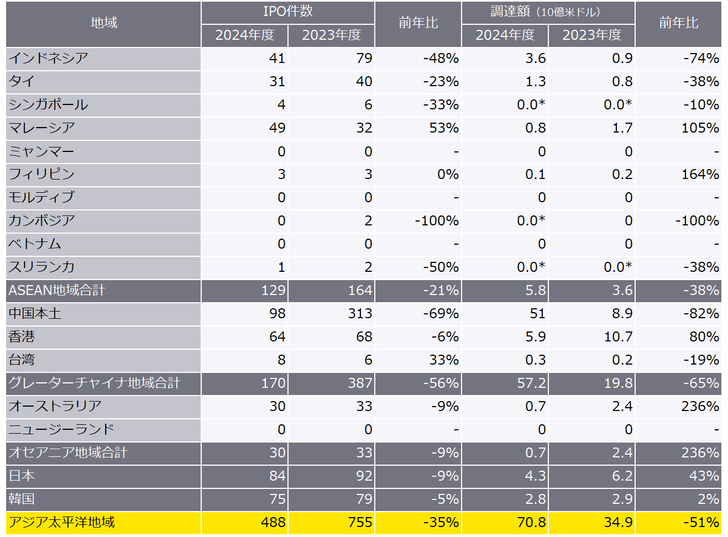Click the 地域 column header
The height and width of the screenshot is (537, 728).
[x=104, y=23]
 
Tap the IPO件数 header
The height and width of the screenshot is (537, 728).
[x=287, y=11]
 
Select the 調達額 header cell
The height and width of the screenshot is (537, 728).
[x=545, y=12]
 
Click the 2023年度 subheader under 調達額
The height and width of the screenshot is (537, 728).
[x=591, y=35]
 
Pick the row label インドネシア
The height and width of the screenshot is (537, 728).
[x=49, y=58]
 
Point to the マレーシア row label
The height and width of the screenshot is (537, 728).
[x=42, y=128]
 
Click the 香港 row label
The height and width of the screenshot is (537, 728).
[x=22, y=336]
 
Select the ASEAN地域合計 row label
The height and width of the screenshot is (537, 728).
[x=56, y=290]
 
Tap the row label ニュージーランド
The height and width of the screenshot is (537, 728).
[x=61, y=429]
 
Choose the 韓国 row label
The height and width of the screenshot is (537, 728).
[x=22, y=499]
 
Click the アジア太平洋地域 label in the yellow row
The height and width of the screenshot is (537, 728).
[x=61, y=522]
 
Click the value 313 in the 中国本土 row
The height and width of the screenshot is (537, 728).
[x=360, y=313]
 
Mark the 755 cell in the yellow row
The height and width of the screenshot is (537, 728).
[x=360, y=522]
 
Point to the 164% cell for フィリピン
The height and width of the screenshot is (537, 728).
[x=700, y=174]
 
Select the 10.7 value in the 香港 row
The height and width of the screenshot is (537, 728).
[x=618, y=336]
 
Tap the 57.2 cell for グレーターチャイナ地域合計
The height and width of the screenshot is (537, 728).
[x=531, y=383]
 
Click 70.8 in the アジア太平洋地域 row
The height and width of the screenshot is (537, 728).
[x=531, y=522]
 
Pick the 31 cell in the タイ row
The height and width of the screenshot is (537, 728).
[x=277, y=81]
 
